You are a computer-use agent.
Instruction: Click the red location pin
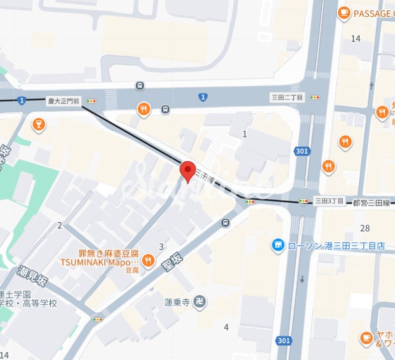tap(188, 171)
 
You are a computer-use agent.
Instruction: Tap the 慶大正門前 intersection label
tap(63, 101)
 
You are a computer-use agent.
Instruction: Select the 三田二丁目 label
tap(287, 97)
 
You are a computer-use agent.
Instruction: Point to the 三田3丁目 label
tap(329, 201)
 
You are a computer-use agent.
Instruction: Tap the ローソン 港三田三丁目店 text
tap(337, 245)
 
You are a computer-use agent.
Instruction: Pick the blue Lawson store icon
tap(278, 245)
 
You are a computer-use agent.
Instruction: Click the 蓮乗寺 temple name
tap(178, 302)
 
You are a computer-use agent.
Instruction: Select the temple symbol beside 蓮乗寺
tap(200, 302)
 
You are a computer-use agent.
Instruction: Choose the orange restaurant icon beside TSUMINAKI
tap(148, 260)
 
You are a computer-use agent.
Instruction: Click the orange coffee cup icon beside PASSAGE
tap(344, 13)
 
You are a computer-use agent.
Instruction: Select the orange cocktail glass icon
tap(38, 125)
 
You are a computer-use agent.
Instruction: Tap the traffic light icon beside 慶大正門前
tap(91, 101)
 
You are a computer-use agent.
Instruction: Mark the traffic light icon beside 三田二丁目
tap(315, 97)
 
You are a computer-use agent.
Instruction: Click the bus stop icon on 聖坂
tap(226, 222)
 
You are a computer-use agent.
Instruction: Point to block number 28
tap(365, 228)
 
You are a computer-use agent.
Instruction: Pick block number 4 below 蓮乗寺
tap(226, 327)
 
